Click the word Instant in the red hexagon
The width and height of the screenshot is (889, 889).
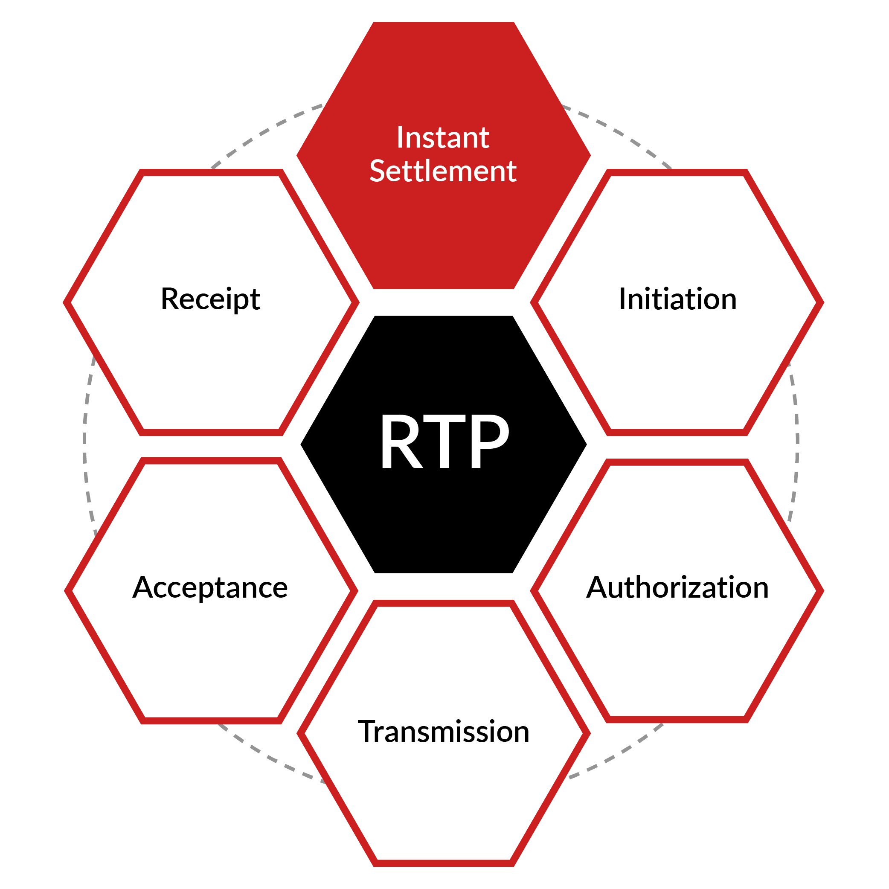coord(443,138)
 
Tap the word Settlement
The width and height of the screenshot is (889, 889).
coord(443,171)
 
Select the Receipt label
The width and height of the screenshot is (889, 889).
coord(210,299)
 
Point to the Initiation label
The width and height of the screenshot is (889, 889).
coord(677,299)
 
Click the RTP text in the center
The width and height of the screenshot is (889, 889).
coord(444,442)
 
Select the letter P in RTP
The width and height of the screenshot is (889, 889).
coord(489,442)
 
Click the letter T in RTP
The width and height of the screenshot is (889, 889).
coord(444,442)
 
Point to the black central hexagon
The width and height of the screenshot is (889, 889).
coord(444,520)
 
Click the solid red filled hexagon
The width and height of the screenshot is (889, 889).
coord(444,230)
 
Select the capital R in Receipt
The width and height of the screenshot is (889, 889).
coord(170,299)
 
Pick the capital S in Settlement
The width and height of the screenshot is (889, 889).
coord(379,171)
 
